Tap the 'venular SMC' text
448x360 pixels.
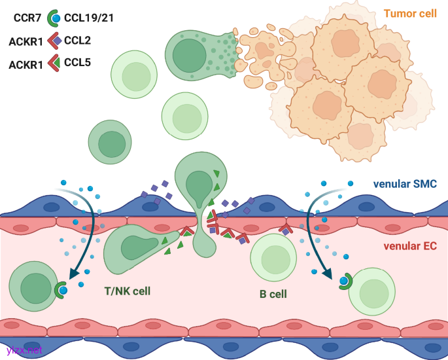tap(405, 184)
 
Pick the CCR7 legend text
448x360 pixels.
tap(28, 18)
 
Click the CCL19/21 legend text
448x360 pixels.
tap(89, 18)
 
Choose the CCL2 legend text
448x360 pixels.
tap(77, 41)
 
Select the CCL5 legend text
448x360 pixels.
tap(77, 64)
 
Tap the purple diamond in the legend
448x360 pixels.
tap(58, 41)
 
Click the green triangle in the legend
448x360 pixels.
tap(57, 63)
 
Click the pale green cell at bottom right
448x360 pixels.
tap(373, 289)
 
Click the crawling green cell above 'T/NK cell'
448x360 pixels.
tap(134, 249)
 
